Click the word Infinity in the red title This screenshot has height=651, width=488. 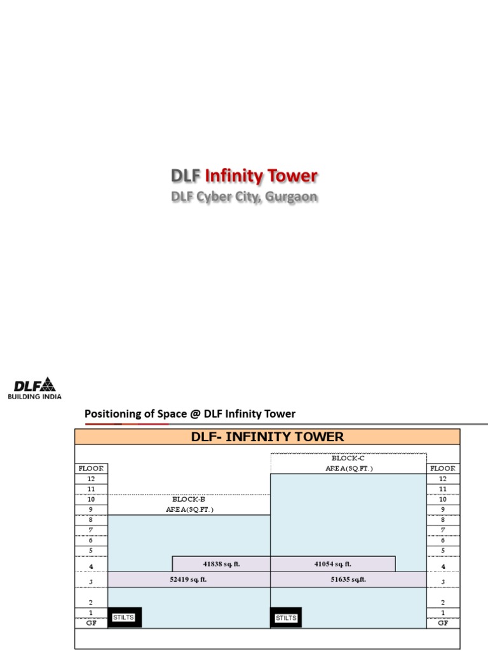[x=231, y=176]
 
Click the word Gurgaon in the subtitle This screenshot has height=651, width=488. [x=292, y=197]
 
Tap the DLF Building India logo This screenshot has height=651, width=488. [x=35, y=388]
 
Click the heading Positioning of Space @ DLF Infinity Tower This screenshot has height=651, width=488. [x=190, y=414]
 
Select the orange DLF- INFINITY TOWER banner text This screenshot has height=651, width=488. [x=268, y=437]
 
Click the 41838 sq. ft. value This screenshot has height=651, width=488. [x=222, y=564]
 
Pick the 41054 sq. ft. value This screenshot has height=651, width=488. [x=332, y=564]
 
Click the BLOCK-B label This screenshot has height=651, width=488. [x=189, y=500]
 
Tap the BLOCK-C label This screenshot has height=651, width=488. [x=348, y=458]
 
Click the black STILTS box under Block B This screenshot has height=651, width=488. [x=124, y=617]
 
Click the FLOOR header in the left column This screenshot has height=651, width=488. [x=91, y=468]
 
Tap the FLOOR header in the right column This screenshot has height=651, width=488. [x=442, y=468]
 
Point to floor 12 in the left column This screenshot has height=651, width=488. [x=91, y=479]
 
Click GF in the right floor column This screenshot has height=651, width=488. [x=442, y=623]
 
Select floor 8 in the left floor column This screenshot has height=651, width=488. [x=91, y=520]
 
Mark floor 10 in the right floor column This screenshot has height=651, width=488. [x=442, y=500]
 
